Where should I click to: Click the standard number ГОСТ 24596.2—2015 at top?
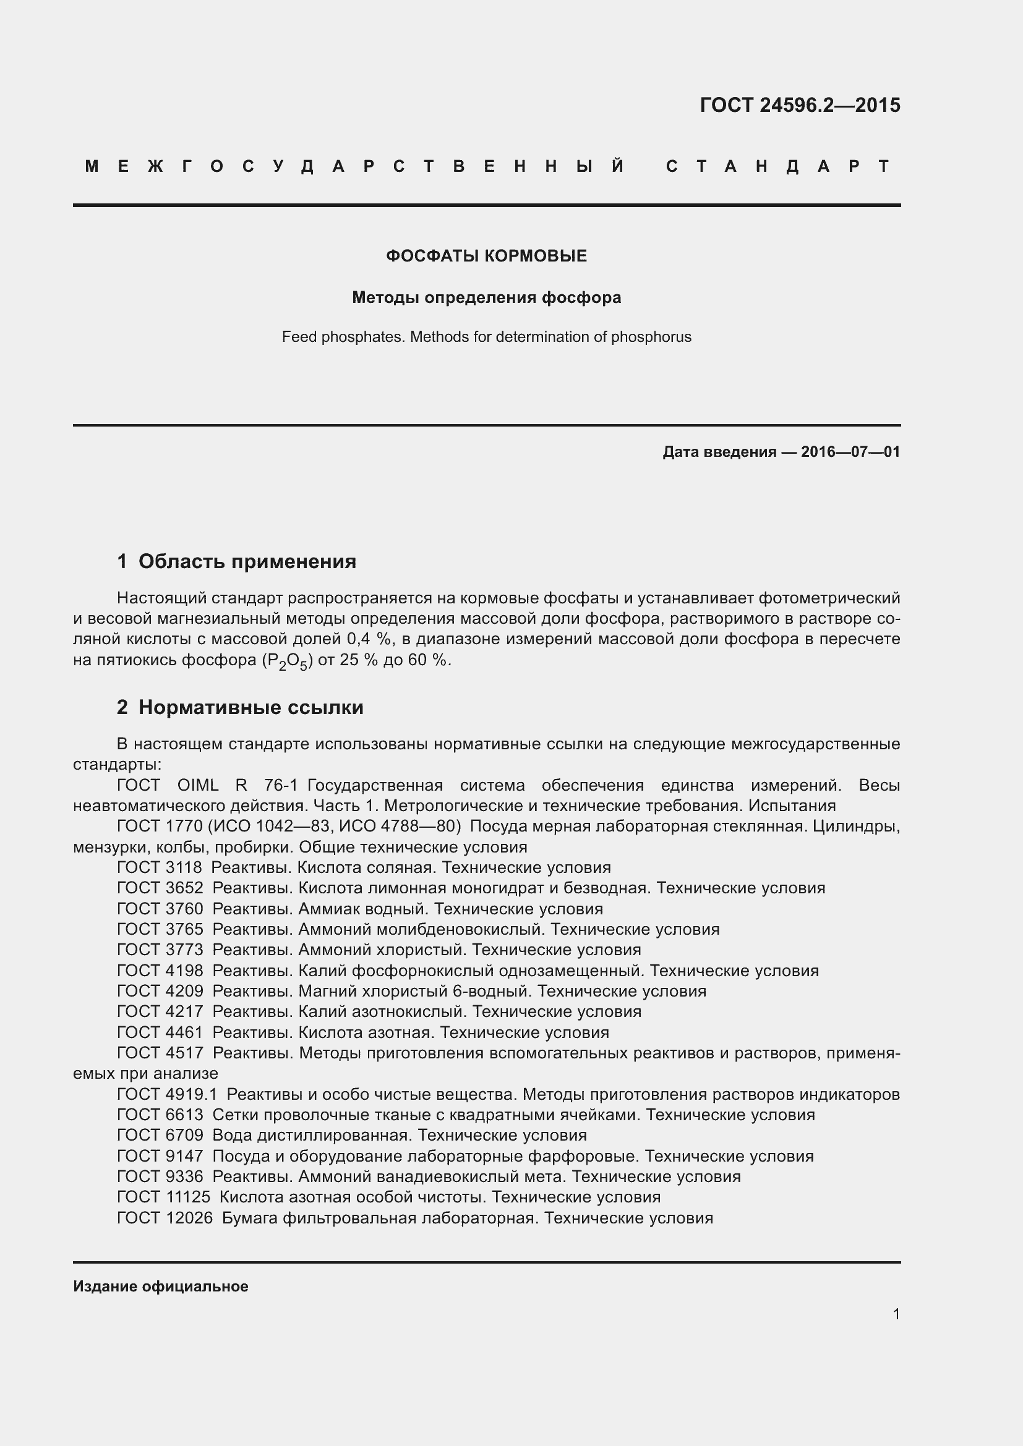799,104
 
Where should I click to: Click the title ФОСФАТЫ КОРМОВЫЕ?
486,256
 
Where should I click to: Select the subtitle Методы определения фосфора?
486,297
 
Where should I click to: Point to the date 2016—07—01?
850,451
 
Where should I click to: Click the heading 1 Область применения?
237,561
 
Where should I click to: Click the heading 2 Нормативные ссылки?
240,707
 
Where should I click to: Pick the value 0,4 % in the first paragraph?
369,639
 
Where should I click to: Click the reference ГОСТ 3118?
160,867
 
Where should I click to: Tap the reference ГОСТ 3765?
160,929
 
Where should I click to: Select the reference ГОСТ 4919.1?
167,1094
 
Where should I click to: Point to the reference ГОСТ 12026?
165,1217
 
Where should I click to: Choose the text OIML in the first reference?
198,785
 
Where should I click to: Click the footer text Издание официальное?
161,1286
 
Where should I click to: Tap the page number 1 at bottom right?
896,1314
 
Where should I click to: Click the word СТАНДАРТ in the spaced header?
778,166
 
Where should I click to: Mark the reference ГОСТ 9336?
160,1176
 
